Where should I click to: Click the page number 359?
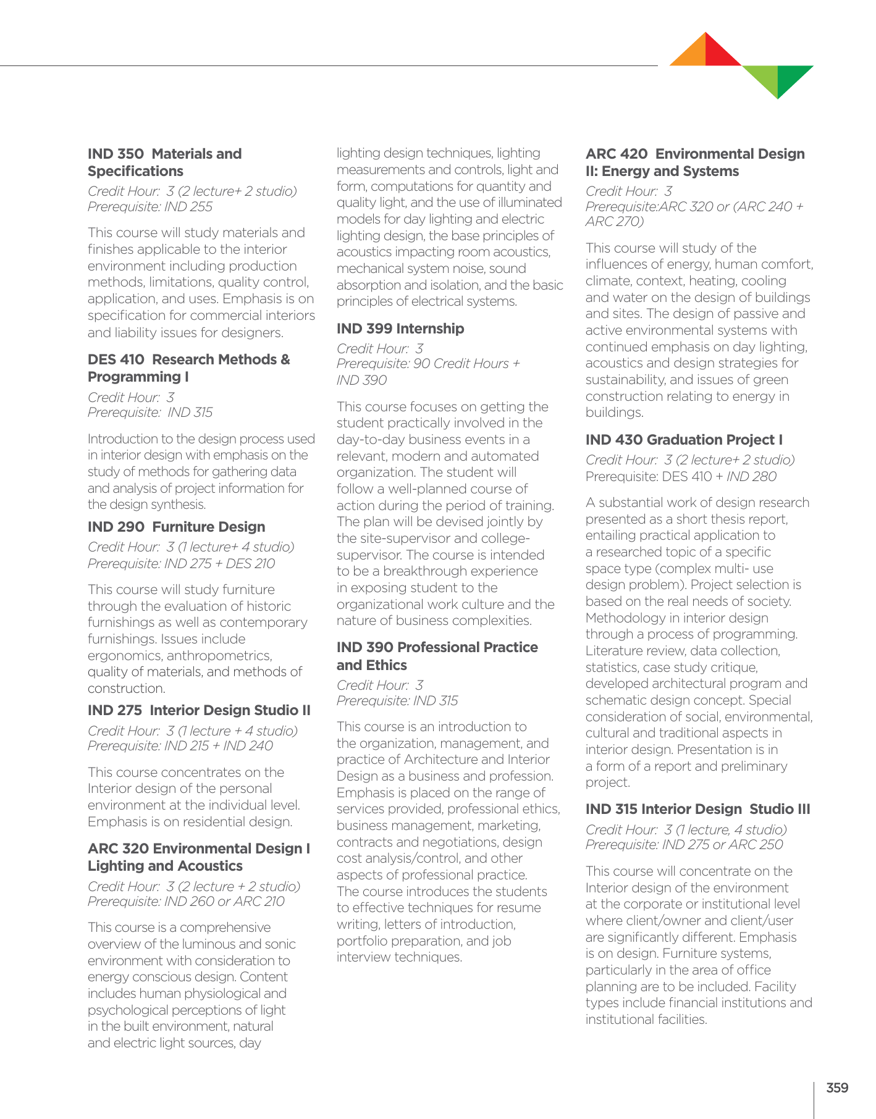(x=837, y=1088)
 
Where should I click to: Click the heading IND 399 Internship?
(x=400, y=329)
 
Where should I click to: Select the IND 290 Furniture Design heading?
(x=176, y=527)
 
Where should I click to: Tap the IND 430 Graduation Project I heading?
(x=684, y=440)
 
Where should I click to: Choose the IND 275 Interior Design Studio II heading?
(x=199, y=710)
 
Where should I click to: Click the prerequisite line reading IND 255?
(x=150, y=207)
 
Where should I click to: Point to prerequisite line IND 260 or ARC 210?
(x=186, y=902)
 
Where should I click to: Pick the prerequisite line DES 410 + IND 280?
(x=681, y=476)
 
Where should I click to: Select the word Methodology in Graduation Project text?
(x=624, y=618)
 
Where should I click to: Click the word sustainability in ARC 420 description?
(x=625, y=380)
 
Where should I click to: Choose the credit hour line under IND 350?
(x=192, y=191)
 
